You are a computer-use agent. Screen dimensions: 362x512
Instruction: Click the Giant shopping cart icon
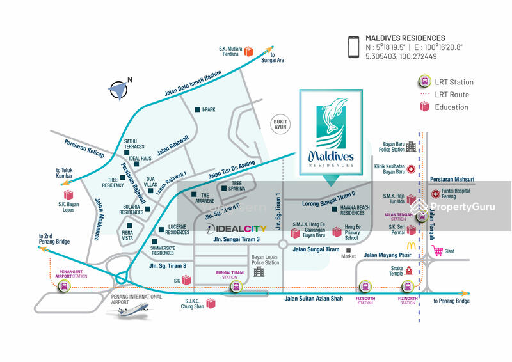click(x=438, y=250)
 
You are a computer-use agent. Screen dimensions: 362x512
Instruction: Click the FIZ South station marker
click(x=365, y=287)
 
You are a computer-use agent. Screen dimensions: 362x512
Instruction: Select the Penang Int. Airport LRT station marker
click(x=64, y=287)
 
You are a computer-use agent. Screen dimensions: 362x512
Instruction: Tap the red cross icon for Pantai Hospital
click(x=436, y=193)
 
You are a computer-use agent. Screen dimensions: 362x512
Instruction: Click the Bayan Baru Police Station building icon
click(x=411, y=146)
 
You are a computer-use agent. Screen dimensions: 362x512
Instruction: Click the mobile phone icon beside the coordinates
click(x=353, y=47)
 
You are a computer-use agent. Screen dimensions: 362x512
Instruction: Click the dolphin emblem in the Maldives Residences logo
click(x=330, y=125)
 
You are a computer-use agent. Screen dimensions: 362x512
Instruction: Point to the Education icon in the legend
click(x=424, y=107)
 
